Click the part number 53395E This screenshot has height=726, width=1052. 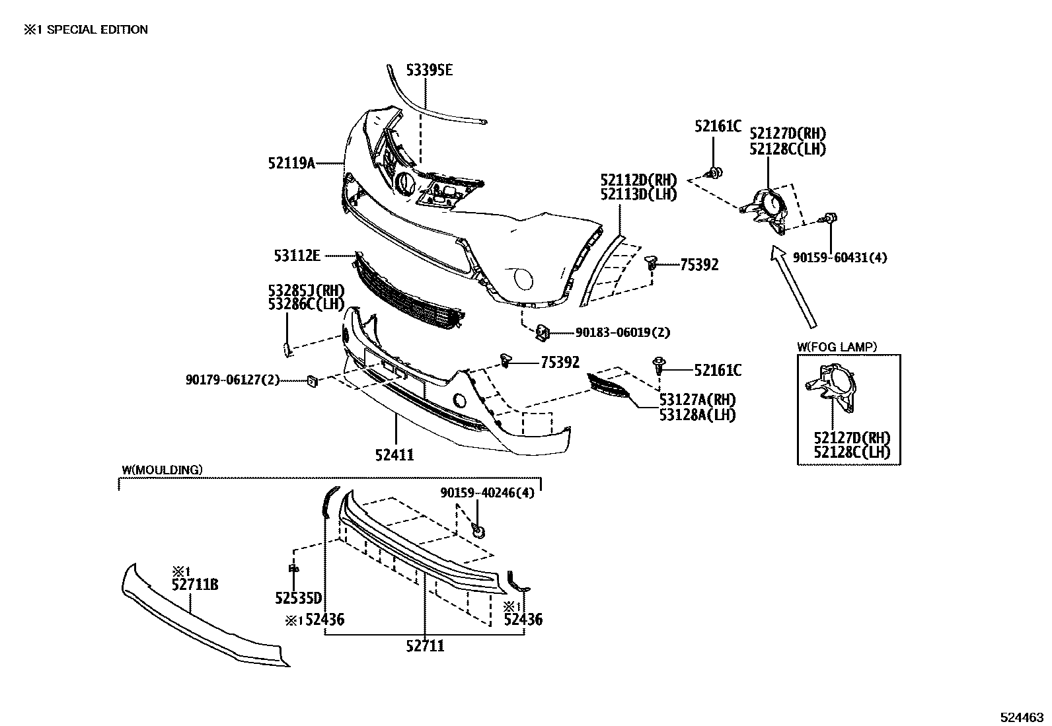[x=430, y=70]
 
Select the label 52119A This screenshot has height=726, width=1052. [x=291, y=163]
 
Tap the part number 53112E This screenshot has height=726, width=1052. [x=297, y=256]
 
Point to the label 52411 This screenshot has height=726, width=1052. [x=394, y=454]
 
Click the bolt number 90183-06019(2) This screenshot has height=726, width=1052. [x=622, y=332]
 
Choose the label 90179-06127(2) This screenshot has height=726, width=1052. [x=233, y=379]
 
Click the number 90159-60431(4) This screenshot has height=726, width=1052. [x=840, y=258]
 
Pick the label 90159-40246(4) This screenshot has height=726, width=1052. [x=488, y=493]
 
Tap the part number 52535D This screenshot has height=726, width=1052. [x=299, y=598]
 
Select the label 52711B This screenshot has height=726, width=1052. [x=195, y=585]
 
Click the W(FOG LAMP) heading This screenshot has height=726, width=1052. [x=837, y=347]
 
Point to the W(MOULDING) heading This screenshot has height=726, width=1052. [x=163, y=470]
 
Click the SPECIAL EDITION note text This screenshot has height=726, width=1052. [x=97, y=30]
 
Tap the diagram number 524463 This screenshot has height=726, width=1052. [x=1022, y=717]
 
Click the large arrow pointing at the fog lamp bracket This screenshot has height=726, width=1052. [x=794, y=287]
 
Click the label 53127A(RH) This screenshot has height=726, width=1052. [x=697, y=400]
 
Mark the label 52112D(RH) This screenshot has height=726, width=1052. [x=639, y=180]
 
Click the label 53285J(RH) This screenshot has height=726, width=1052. [x=306, y=290]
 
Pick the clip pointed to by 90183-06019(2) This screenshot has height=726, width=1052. [x=543, y=332]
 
